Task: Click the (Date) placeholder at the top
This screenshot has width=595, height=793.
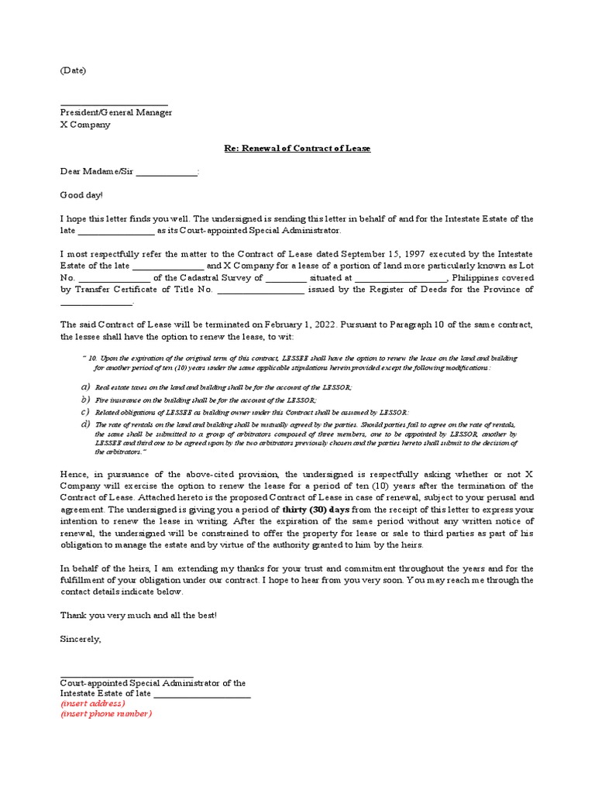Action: (73, 70)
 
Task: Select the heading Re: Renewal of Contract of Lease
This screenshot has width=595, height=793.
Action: (297, 148)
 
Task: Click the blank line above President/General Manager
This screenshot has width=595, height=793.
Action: (114, 102)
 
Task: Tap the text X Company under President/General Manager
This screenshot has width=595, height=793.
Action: (85, 125)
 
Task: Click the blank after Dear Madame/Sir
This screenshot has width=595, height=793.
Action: (167, 172)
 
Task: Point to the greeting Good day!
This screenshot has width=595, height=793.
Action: (81, 196)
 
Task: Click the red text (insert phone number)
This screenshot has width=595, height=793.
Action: (106, 714)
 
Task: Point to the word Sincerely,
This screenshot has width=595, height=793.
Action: (81, 639)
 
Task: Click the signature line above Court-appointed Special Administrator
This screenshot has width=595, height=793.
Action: (126, 675)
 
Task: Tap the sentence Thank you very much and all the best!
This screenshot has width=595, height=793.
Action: (139, 615)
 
